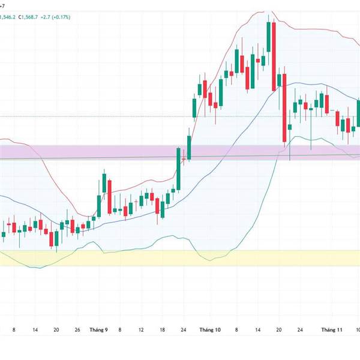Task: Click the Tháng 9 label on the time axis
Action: [98, 329]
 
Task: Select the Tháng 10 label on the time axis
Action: [210, 329]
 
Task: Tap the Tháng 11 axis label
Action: [331, 329]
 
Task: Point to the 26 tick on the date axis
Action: [77, 329]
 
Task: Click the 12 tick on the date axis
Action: [141, 329]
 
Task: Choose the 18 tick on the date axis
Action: [163, 329]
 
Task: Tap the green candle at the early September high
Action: [104, 184]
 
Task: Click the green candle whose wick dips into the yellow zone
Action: [56, 238]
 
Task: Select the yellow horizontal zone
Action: [180, 258]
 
